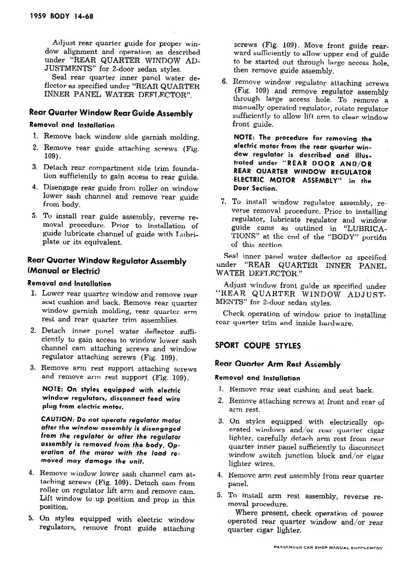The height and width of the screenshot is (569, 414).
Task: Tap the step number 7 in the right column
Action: (223, 201)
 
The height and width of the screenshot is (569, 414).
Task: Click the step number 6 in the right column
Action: (224, 82)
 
